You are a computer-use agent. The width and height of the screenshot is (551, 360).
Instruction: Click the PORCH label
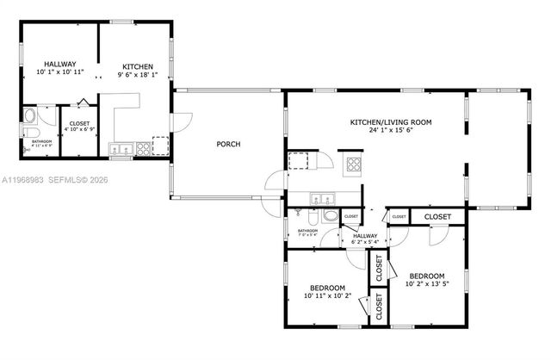point(227,144)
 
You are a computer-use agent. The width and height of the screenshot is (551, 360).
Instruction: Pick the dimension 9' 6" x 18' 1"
point(138,75)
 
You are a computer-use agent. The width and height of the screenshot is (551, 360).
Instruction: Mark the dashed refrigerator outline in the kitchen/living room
point(300,161)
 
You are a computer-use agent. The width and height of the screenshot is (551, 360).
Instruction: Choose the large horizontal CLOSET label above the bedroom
point(437,217)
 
